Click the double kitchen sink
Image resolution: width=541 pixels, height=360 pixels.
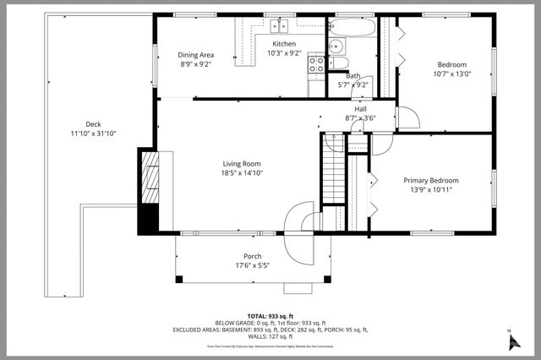point(279,25)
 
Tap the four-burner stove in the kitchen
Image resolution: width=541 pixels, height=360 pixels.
point(316,62)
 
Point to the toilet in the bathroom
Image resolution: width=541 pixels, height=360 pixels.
point(335,61)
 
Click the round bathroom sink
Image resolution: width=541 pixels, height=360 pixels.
point(335,46)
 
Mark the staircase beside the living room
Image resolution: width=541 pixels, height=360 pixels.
point(334,173)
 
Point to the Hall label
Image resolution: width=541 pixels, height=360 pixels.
point(361,109)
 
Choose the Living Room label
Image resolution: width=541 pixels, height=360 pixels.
point(242,163)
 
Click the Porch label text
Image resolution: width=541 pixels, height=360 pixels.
point(252,256)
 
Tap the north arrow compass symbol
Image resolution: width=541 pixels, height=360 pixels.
point(511,341)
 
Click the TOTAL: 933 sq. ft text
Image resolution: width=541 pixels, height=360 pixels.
point(270,315)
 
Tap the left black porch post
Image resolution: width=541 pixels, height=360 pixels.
point(178,280)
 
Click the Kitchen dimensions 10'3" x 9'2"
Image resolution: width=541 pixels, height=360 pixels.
point(283,52)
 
